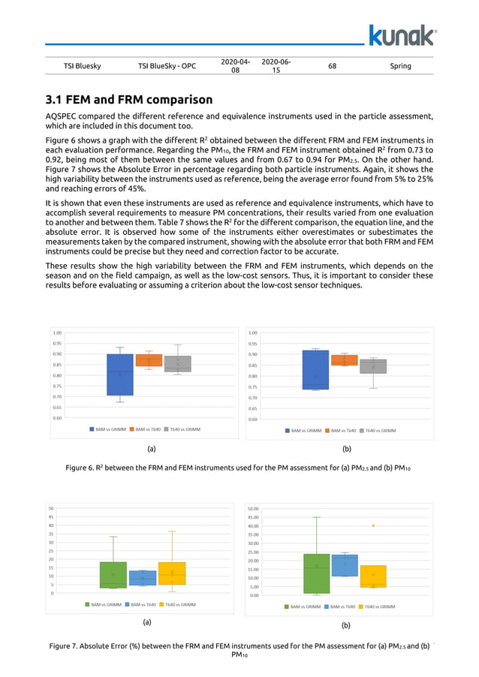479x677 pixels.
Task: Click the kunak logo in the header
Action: click(x=402, y=35)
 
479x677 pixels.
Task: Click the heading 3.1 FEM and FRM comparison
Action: click(x=129, y=99)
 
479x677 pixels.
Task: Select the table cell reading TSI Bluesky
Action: click(x=83, y=66)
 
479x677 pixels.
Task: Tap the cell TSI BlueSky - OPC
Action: click(x=167, y=66)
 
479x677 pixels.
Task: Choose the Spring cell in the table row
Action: click(x=401, y=66)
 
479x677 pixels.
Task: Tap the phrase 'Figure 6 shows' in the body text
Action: click(x=75, y=140)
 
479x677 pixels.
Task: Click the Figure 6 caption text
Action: click(x=239, y=468)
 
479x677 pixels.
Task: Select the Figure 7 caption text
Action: click(x=239, y=649)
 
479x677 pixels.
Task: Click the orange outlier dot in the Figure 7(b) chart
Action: click(x=373, y=525)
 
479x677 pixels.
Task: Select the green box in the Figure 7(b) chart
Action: click(x=316, y=573)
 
